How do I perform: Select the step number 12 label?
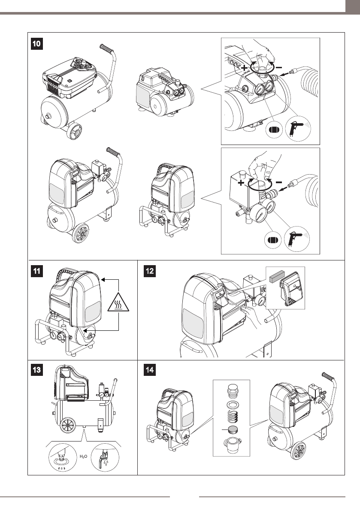coord(149,271)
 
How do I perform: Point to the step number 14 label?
coord(149,371)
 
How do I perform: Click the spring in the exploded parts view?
coord(232,416)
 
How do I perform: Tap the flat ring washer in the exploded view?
coord(232,404)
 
